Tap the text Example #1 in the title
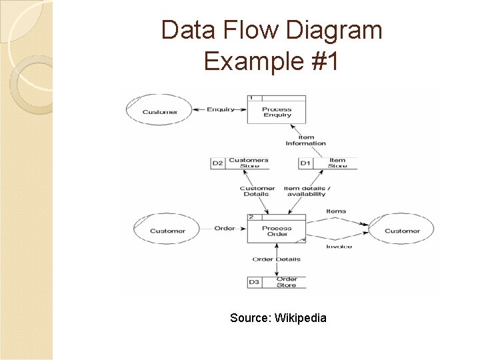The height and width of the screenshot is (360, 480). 271,61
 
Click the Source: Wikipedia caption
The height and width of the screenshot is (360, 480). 278,318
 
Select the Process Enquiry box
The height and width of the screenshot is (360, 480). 277,111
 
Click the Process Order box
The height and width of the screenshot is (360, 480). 277,231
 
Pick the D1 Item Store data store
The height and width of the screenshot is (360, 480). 327,163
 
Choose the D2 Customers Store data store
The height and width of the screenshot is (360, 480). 239,163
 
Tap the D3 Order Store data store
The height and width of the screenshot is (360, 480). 277,282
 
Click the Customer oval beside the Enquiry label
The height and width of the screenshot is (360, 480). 159,111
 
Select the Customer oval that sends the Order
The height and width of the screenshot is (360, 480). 167,231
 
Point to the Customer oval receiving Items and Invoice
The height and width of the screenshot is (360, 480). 402,231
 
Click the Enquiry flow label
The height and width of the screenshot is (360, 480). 220,109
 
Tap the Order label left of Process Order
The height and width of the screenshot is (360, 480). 224,229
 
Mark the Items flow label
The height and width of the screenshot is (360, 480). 336,211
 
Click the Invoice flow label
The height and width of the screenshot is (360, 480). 339,247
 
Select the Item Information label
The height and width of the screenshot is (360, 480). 305,140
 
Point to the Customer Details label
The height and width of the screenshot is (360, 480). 257,191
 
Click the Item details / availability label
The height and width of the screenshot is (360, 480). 306,191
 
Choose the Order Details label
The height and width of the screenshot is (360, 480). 276,259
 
